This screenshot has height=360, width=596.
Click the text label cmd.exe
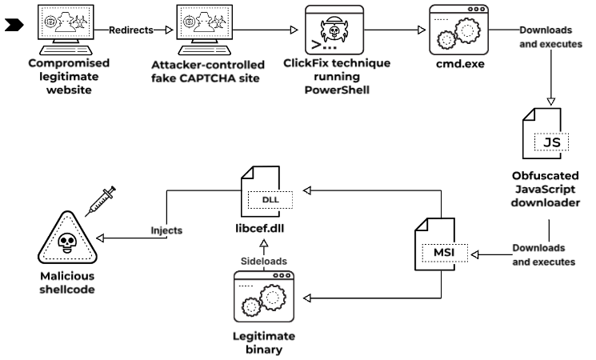click(458, 63)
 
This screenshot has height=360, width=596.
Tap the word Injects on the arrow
click(167, 230)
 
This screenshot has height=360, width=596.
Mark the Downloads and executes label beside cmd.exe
click(551, 37)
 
